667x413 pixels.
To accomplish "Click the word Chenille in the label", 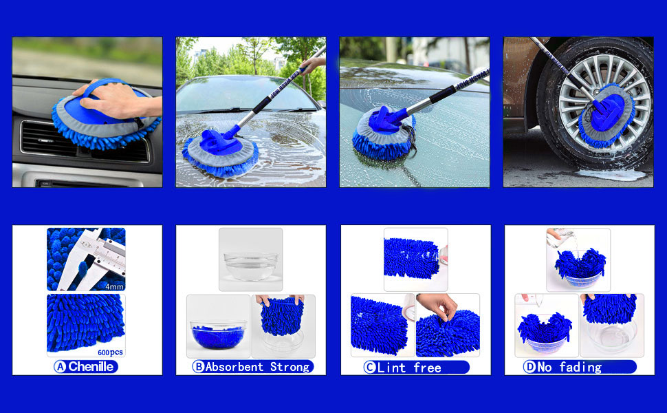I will click(92, 367).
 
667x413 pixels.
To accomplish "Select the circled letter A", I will click(60, 367).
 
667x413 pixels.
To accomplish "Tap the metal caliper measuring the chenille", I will click(89, 262).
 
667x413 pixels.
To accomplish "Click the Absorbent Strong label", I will click(257, 367).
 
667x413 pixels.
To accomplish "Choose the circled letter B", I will click(199, 367).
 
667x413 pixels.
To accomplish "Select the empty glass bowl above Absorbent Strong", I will click(250, 265).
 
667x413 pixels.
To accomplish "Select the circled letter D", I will click(529, 367).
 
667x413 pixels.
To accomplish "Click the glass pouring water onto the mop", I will click(554, 235).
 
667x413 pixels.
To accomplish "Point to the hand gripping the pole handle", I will click(311, 65).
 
